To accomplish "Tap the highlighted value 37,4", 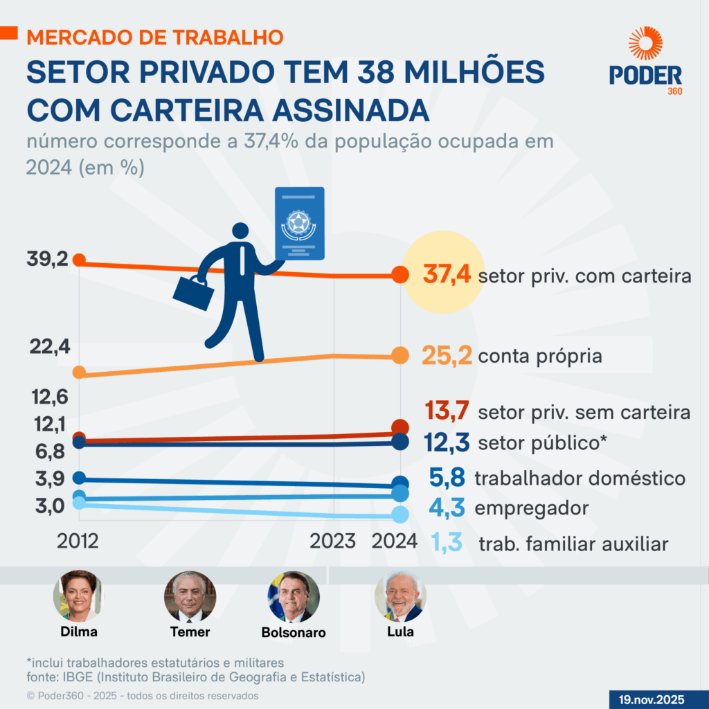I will click(447, 276).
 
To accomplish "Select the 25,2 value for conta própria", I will click(447, 356).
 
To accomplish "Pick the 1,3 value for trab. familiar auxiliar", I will click(447, 543).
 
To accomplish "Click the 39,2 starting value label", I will click(47, 260).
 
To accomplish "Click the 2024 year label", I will click(395, 541).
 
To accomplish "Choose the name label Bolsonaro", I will click(294, 632).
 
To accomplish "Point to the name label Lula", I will click(401, 631).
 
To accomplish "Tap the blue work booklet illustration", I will click(299, 223).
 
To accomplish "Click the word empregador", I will click(532, 508).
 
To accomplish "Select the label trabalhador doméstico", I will click(580, 478).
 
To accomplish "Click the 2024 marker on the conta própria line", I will click(400, 355).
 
